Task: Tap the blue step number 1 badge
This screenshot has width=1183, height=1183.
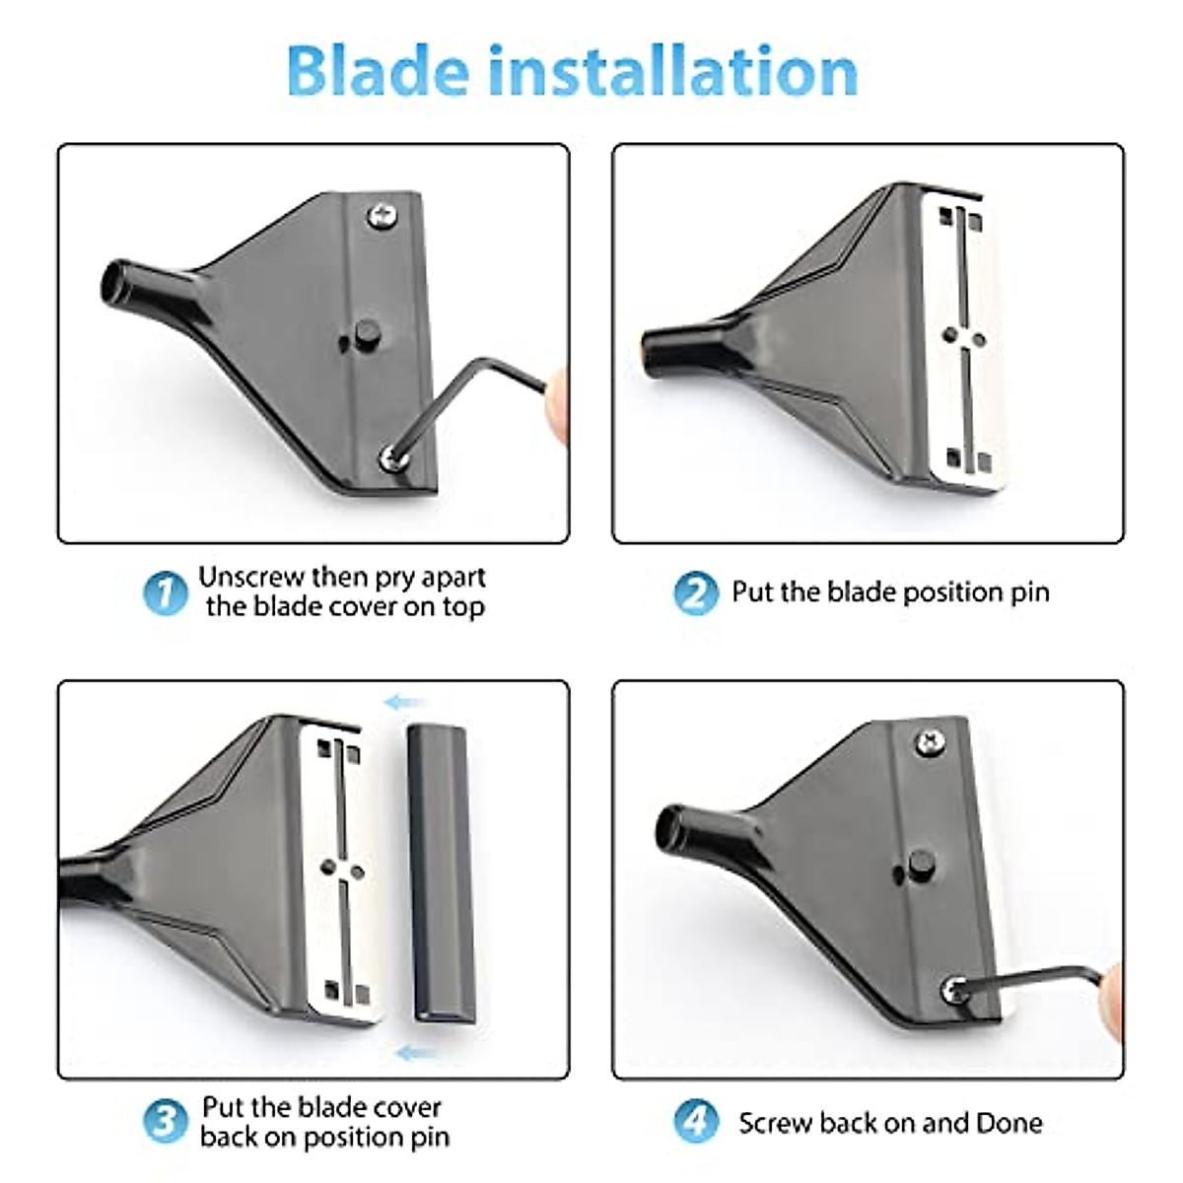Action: click(165, 593)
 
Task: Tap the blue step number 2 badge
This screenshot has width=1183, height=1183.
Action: click(696, 593)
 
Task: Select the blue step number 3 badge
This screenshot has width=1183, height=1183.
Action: click(165, 1121)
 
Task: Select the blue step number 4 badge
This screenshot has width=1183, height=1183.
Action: click(696, 1122)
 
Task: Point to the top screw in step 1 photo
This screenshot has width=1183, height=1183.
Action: click(382, 215)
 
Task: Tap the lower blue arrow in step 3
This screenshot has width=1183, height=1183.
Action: click(416, 1054)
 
